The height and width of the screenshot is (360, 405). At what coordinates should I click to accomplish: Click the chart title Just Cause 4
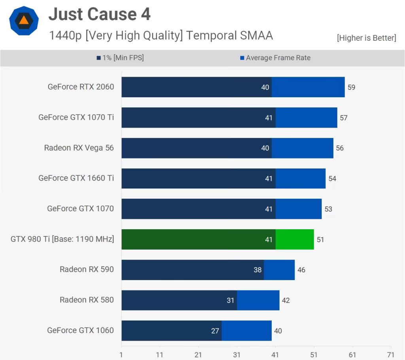(x=99, y=15)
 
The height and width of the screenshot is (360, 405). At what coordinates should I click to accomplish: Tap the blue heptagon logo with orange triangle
(x=24, y=21)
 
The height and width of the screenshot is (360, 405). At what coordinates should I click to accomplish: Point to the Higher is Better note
(x=366, y=38)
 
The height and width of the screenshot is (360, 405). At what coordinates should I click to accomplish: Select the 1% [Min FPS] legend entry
(x=120, y=58)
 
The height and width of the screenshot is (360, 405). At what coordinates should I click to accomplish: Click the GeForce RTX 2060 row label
(x=81, y=87)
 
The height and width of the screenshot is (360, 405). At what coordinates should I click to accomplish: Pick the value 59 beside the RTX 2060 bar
(x=351, y=87)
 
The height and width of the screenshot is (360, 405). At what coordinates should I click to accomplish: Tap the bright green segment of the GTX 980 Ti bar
(x=295, y=239)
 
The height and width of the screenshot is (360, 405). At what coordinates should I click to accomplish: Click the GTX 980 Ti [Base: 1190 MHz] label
(x=62, y=239)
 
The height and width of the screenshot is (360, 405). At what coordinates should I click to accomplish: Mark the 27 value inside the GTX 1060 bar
(x=215, y=331)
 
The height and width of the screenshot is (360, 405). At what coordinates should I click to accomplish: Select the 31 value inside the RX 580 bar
(x=231, y=300)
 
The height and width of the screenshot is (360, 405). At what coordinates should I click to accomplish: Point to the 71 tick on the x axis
(x=391, y=354)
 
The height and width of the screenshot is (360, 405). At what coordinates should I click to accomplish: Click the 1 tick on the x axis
(x=121, y=354)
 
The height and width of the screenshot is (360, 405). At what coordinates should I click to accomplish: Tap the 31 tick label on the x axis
(x=237, y=354)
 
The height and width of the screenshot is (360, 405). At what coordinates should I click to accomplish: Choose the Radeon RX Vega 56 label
(x=79, y=148)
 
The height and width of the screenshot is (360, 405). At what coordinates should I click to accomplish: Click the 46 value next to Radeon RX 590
(x=301, y=270)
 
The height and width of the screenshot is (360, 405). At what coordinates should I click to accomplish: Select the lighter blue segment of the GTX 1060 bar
(x=246, y=331)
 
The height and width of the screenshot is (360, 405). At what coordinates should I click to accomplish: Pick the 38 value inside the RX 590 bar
(x=257, y=270)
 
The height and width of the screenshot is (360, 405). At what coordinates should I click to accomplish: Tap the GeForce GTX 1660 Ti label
(x=76, y=178)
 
